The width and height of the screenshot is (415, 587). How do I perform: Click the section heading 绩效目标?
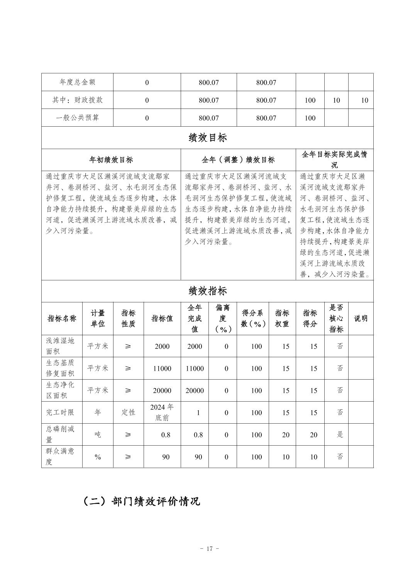coord(207,138)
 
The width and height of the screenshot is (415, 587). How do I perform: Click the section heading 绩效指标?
coord(207,291)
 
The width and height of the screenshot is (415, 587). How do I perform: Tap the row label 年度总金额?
coord(77,82)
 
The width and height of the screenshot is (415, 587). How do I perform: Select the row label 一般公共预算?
coord(77,118)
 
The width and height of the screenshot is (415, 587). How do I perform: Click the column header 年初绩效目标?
coord(111,159)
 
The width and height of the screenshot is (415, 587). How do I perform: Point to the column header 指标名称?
coord(62,318)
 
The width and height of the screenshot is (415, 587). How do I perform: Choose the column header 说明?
coord(361,318)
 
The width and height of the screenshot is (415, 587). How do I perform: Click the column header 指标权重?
coord(282,318)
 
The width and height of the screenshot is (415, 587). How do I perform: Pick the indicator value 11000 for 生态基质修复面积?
coord(162,368)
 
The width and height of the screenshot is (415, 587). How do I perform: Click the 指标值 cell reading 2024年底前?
coord(162,412)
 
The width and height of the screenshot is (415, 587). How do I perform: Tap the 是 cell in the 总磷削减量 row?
coord(340,434)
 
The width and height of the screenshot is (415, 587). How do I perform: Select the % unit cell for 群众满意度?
coord(98,457)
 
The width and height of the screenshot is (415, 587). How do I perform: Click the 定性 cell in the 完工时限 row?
coord(128,412)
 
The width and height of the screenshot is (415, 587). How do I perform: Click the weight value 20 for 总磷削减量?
coord(285,435)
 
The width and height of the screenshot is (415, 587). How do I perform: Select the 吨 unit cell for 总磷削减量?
coord(98,434)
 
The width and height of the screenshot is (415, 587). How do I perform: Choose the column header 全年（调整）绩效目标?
coord(238,159)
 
